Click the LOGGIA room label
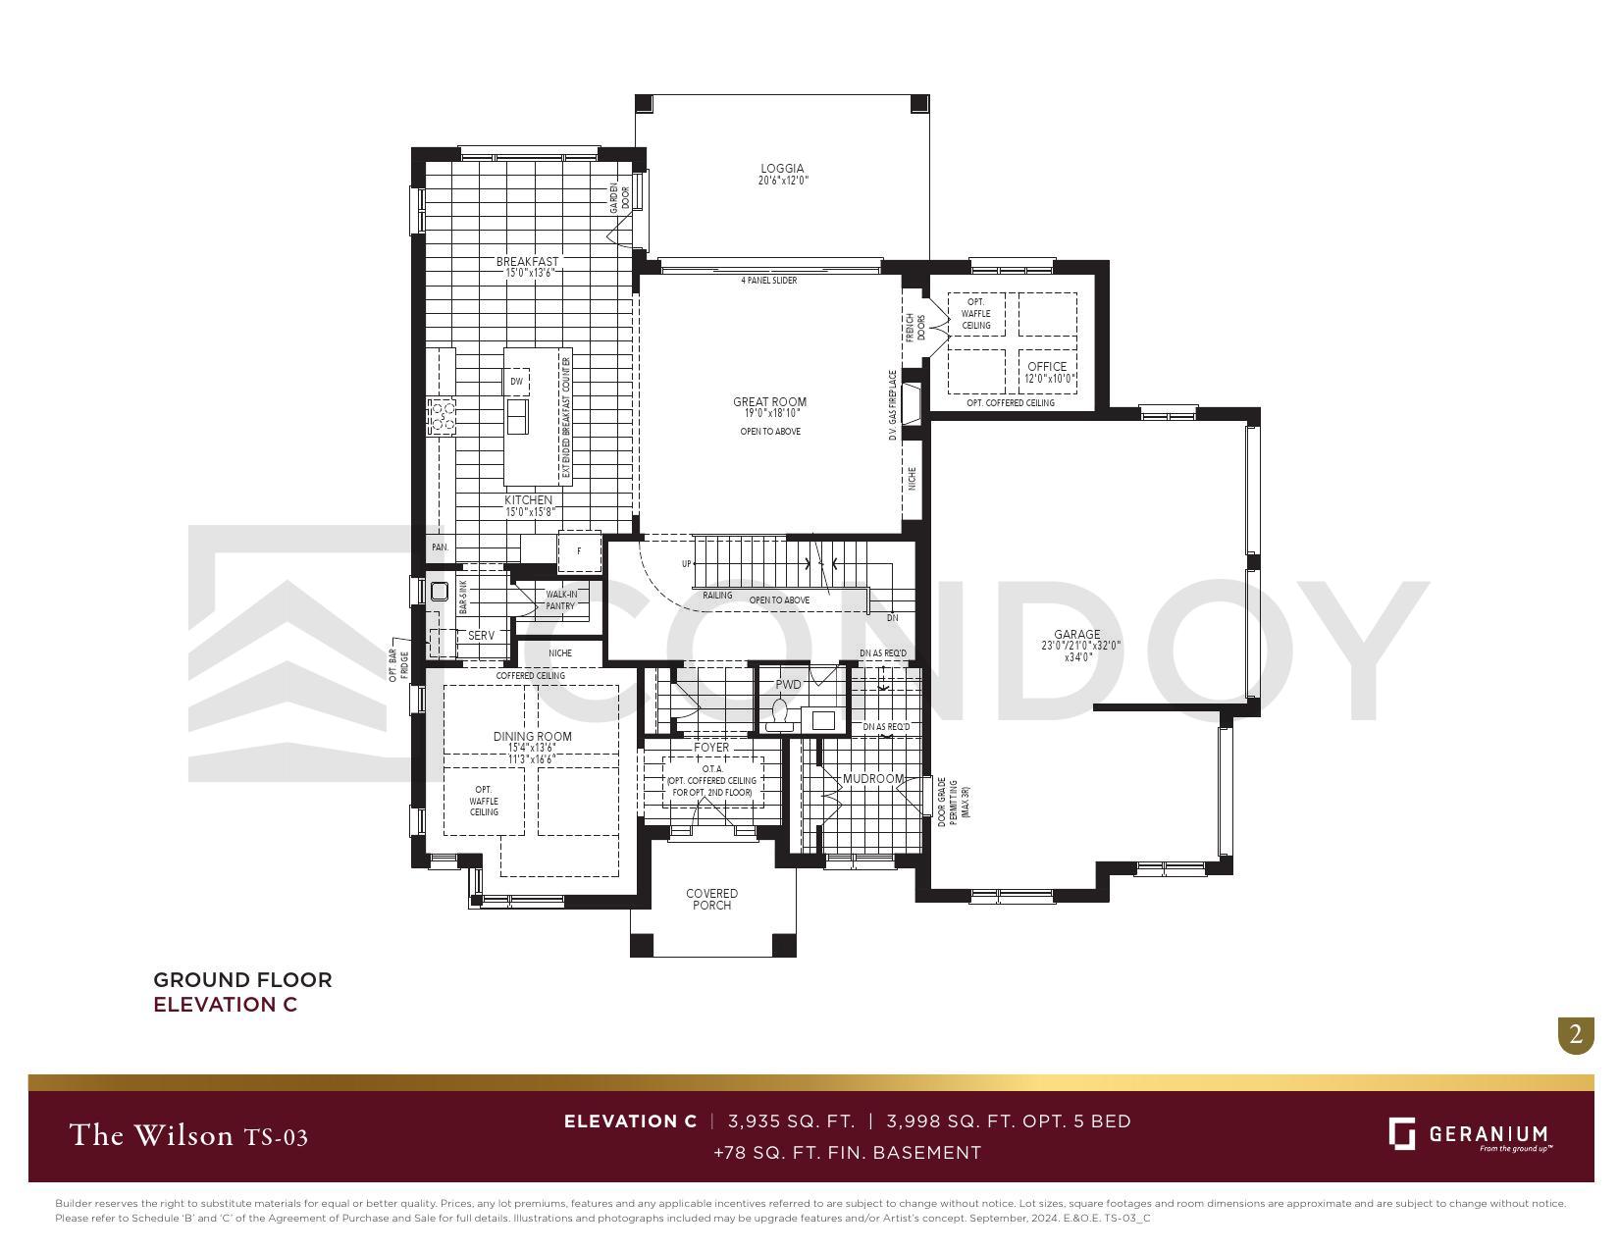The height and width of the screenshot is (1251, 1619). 782,169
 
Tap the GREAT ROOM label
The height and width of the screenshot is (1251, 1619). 769,401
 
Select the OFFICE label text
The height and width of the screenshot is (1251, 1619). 1046,366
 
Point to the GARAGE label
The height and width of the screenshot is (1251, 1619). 1076,634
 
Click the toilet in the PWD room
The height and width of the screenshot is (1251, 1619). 781,713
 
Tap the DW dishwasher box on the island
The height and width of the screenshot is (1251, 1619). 516,381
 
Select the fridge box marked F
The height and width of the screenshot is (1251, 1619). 579,551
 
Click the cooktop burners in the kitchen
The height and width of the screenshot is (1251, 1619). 441,416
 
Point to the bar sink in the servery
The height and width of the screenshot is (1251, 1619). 439,591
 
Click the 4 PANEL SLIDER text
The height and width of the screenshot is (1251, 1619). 768,281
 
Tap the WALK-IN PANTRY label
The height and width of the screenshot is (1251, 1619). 560,599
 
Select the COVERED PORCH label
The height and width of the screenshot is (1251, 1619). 711,899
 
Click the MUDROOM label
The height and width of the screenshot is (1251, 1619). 872,779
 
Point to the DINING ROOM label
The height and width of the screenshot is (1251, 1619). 532,736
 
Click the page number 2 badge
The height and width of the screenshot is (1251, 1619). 1575,1034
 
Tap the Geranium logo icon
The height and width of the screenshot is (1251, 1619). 1401,1133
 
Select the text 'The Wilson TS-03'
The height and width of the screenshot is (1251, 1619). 188,1136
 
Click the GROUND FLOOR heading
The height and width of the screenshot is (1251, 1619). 242,979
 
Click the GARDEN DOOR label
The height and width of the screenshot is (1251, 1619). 619,198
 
